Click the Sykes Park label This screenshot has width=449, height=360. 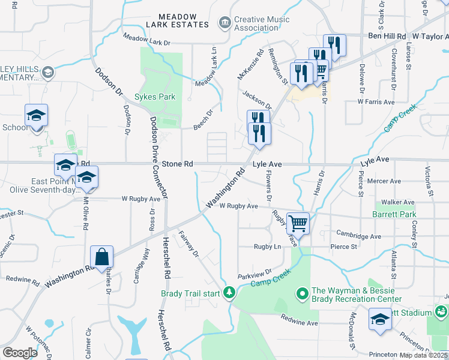155,96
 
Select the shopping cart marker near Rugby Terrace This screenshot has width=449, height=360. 298,224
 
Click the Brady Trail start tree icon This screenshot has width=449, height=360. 229,293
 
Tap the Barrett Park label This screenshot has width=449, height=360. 394,214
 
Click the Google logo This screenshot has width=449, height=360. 20,353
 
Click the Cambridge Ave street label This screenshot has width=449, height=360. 359,236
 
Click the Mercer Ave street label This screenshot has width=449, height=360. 387,181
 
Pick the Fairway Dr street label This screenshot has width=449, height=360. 188,245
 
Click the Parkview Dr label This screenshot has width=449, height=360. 255,272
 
